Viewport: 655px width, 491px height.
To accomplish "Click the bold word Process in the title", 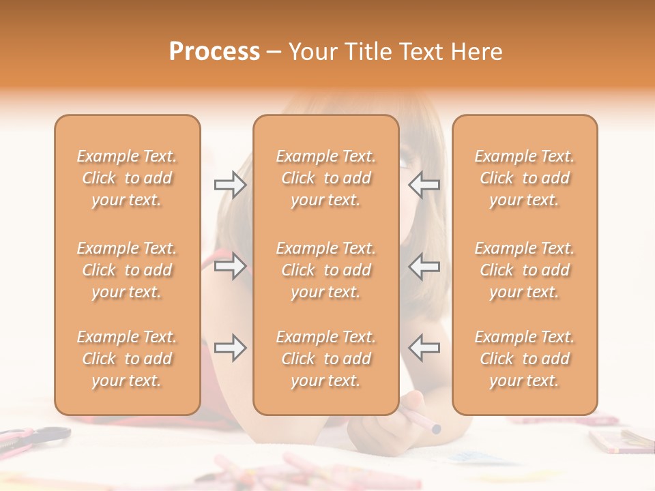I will (x=214, y=52).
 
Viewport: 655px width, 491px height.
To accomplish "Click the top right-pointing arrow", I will (x=231, y=185).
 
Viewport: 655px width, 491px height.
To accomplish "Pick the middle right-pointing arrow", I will (x=231, y=266).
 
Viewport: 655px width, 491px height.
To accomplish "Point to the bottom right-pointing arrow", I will (x=231, y=348).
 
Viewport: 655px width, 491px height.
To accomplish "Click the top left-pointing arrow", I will (x=424, y=185).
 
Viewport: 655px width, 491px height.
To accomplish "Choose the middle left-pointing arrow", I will (x=424, y=266).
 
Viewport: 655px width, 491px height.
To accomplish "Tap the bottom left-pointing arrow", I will (x=424, y=348).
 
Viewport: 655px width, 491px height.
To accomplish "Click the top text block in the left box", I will (x=127, y=178).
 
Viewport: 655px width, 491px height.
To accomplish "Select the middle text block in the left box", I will (x=127, y=270).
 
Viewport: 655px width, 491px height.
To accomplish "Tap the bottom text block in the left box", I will (x=127, y=359).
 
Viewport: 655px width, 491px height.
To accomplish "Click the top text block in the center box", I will (x=326, y=178).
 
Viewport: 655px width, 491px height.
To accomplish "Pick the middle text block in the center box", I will (x=326, y=270).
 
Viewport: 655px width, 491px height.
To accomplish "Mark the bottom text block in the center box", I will (x=326, y=359).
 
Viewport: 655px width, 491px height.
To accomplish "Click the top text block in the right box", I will (x=525, y=178).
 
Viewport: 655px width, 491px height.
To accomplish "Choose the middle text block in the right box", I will (x=525, y=270).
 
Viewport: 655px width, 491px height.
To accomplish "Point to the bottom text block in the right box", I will (x=525, y=359).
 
